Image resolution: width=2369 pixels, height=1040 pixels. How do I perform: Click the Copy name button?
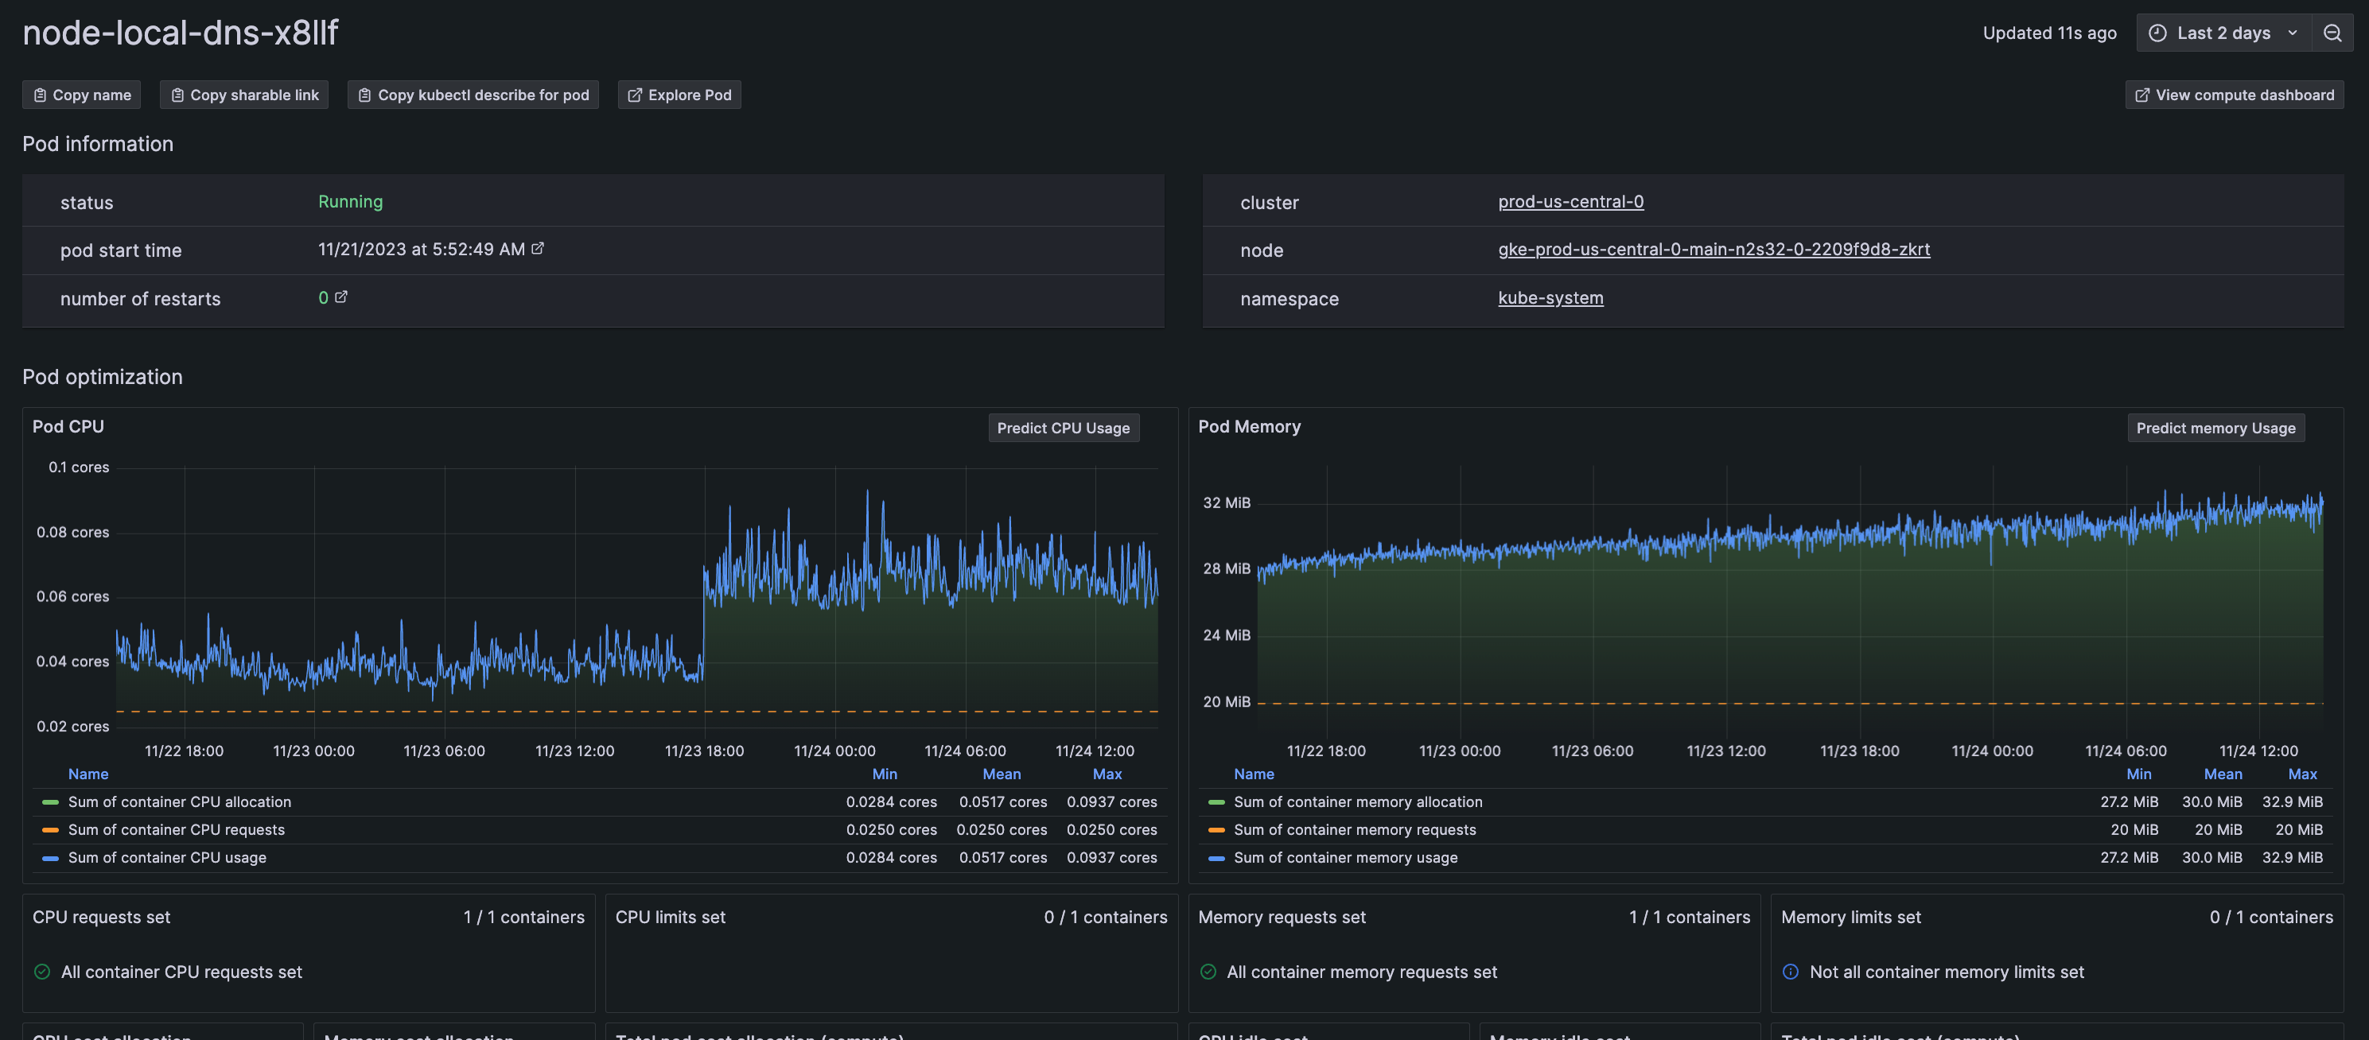pyautogui.click(x=82, y=95)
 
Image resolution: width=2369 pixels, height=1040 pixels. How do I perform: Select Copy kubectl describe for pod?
pyautogui.click(x=473, y=95)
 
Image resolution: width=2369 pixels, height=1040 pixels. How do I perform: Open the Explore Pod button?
pyautogui.click(x=679, y=95)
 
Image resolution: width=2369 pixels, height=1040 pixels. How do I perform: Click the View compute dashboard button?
pyautogui.click(x=2234, y=95)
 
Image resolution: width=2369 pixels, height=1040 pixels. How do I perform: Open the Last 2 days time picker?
pyautogui.click(x=2222, y=33)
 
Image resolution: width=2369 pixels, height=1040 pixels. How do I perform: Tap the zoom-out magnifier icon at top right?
pyautogui.click(x=2332, y=33)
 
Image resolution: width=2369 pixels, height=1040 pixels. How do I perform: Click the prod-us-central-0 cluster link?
pyautogui.click(x=1570, y=201)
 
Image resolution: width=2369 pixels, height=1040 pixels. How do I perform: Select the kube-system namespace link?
pyautogui.click(x=1550, y=298)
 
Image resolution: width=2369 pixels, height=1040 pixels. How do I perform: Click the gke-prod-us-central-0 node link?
pyautogui.click(x=1714, y=249)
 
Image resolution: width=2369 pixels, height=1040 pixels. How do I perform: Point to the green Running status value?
pyautogui.click(x=350, y=201)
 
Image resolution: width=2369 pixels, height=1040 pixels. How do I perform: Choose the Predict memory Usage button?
pyautogui.click(x=2215, y=428)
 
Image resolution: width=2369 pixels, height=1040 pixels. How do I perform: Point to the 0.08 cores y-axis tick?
pyautogui.click(x=72, y=533)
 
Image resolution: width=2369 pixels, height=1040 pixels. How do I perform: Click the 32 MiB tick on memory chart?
pyautogui.click(x=1226, y=503)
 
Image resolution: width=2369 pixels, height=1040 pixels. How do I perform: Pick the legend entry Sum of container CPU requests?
pyautogui.click(x=177, y=829)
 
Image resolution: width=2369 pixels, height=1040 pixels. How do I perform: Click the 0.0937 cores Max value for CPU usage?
pyautogui.click(x=1111, y=857)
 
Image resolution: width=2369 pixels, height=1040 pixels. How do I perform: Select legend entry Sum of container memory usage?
pyautogui.click(x=1344, y=857)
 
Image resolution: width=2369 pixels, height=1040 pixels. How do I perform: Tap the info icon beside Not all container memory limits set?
pyautogui.click(x=1790, y=972)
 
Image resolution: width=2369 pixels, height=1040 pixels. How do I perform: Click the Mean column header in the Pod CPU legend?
pyautogui.click(x=1001, y=774)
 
